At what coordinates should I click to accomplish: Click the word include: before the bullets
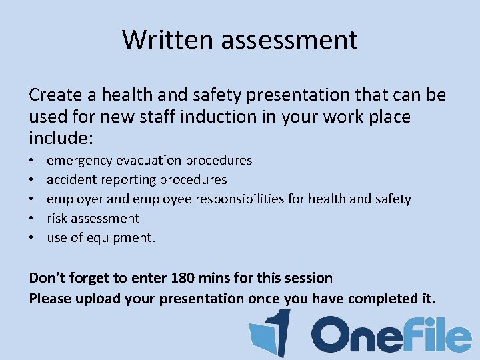tap(62, 139)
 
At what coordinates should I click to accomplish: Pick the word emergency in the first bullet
tap(79, 161)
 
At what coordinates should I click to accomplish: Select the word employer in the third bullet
tap(75, 199)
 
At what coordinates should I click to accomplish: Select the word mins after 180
tap(215, 277)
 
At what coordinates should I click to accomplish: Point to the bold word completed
tap(379, 299)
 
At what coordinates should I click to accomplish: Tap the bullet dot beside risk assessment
tap(32, 218)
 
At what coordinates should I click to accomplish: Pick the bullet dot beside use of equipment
tap(32, 237)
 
